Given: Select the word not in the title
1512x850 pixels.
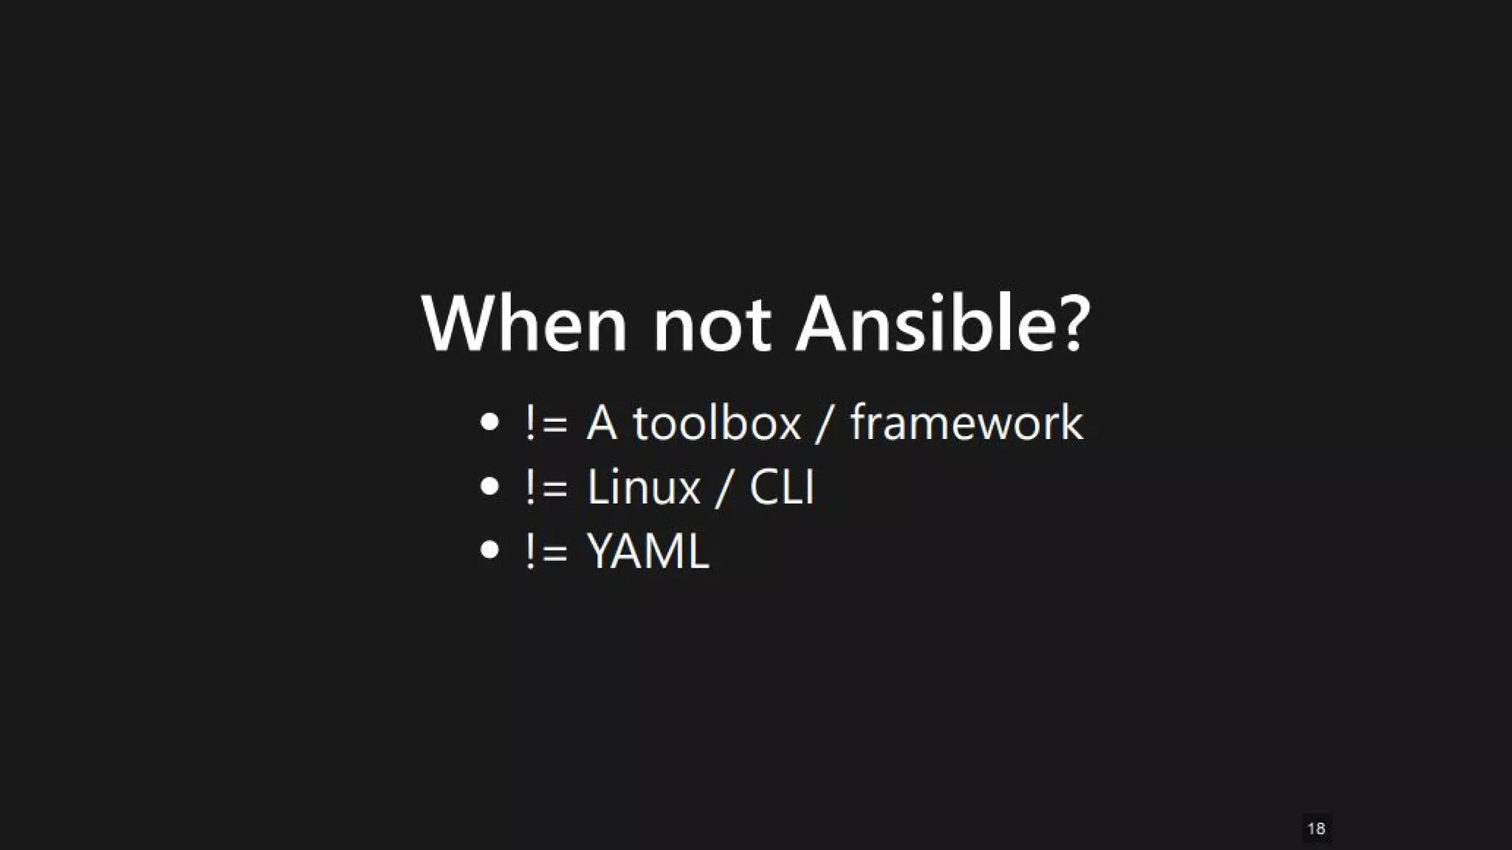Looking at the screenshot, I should pos(712,325).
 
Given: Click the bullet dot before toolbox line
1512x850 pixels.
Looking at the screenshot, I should pos(489,422).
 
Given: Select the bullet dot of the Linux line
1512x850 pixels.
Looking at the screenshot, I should pos(489,486).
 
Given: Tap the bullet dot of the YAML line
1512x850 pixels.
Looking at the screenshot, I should pos(489,550).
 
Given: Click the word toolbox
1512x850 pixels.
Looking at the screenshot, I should pos(716,424).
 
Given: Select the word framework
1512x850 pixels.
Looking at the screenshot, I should pos(966,424).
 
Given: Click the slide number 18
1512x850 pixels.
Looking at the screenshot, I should pos(1316,829).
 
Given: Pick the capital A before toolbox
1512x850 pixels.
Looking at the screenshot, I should pos(602,424).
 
